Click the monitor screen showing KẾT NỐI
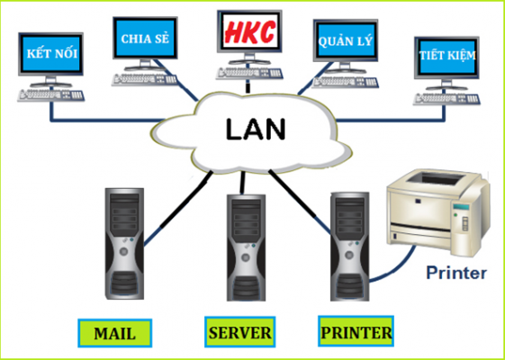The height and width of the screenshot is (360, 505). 51,53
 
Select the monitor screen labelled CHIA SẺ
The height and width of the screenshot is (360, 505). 145,38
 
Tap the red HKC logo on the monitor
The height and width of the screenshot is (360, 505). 249,32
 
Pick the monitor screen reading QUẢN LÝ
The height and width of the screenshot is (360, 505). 346,40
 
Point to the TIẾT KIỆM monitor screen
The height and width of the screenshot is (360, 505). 446,58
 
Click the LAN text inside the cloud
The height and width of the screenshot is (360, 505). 256,129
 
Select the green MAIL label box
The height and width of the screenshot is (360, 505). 114,333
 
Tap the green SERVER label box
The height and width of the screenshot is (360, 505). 240,332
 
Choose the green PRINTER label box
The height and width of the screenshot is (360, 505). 356,331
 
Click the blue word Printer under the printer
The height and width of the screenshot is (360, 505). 456,273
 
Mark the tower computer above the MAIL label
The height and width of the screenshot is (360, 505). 124,244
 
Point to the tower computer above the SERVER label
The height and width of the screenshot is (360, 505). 246,247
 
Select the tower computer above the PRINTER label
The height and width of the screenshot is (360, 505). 349,247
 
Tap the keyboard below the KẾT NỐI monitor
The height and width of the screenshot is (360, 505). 51,95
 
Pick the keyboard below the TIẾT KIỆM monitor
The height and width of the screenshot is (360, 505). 446,98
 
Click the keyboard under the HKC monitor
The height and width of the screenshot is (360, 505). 249,74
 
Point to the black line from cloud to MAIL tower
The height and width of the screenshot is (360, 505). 186,200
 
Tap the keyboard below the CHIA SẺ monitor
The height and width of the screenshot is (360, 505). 145,79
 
